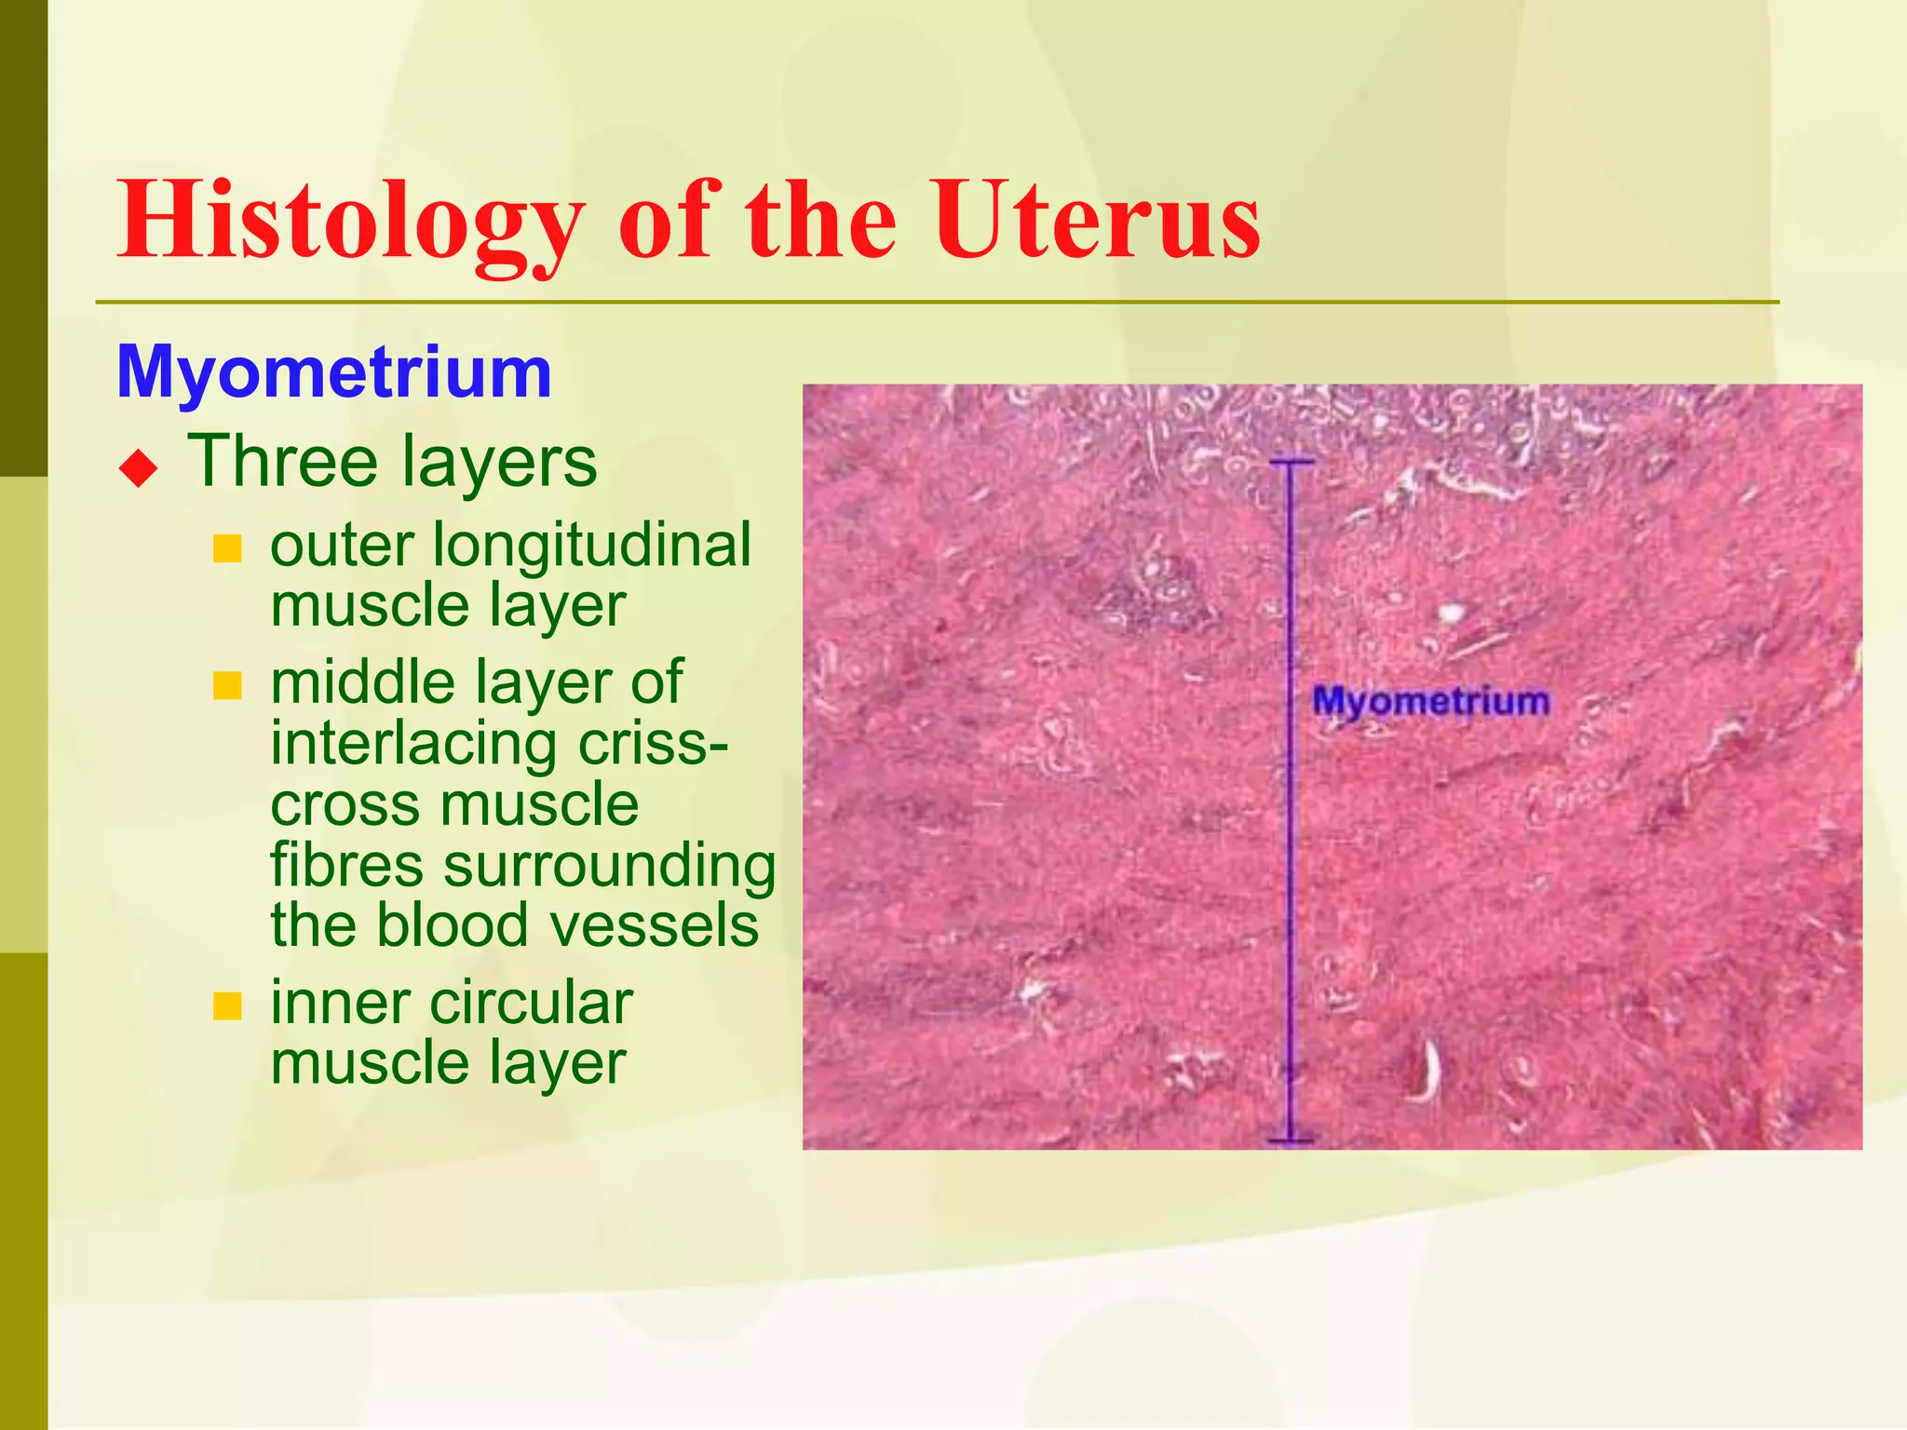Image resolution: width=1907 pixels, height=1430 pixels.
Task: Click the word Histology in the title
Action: click(x=350, y=222)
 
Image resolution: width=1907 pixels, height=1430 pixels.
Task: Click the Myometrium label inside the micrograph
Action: click(x=1430, y=701)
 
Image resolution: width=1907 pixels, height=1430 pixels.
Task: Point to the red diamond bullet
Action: click(x=139, y=467)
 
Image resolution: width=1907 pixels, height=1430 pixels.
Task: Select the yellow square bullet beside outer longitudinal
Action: click(x=227, y=548)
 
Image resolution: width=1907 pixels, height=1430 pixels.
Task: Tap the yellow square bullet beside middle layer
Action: click(x=227, y=686)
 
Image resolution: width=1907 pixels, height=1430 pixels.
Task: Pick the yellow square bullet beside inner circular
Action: click(x=227, y=1005)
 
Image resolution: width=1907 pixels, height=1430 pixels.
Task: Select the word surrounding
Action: click(x=610, y=865)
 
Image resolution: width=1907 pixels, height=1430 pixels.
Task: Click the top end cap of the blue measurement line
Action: click(x=1291, y=462)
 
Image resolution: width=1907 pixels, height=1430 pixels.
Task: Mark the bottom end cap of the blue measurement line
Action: click(x=1291, y=1140)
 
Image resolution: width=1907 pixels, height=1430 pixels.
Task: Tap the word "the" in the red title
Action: click(x=820, y=222)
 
